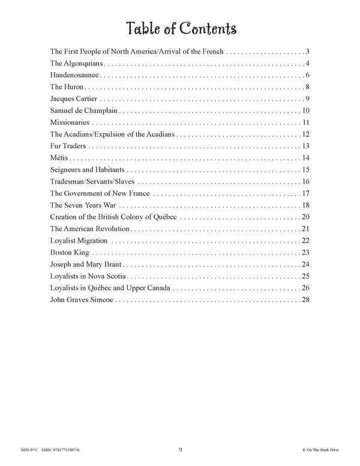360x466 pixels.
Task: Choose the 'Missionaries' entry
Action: click(69, 123)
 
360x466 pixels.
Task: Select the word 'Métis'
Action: click(59, 158)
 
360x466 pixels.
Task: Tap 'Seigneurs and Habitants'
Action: click(86, 170)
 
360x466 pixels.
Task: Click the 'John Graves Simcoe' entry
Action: click(82, 300)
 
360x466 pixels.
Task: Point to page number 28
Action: click(305, 300)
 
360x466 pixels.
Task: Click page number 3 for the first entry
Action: click(307, 52)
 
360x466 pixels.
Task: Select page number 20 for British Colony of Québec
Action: click(305, 217)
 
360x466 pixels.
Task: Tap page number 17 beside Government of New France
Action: click(305, 193)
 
